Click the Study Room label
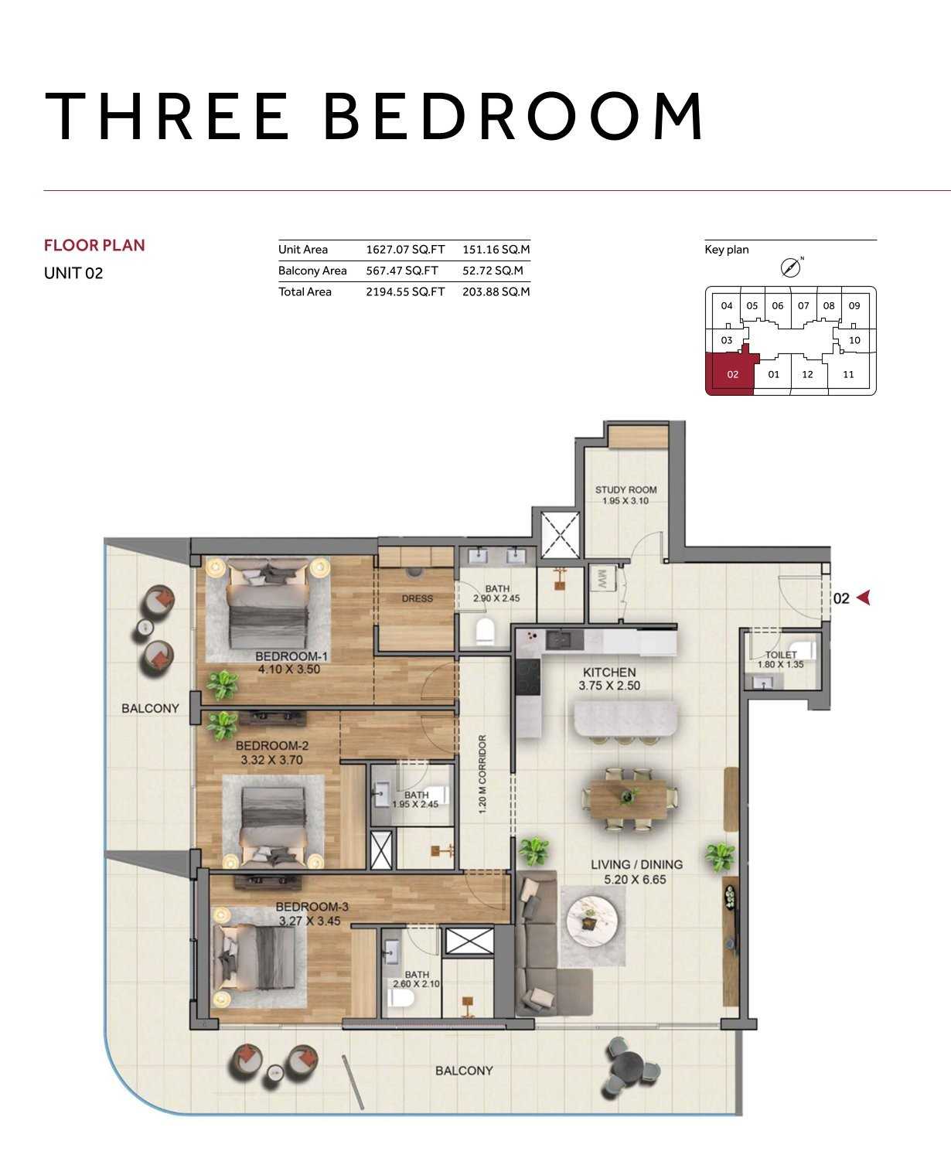click(x=626, y=489)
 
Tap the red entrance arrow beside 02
click(x=864, y=598)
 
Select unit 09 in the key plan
click(x=854, y=306)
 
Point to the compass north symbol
click(x=791, y=267)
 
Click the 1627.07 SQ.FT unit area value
click(x=405, y=249)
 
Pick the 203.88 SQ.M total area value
click(x=496, y=291)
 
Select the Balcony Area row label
click(x=312, y=271)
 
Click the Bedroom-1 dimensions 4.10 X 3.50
click(x=289, y=669)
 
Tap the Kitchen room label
click(x=609, y=672)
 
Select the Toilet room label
click(x=781, y=655)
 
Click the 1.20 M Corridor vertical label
click(x=482, y=775)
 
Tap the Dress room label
click(x=418, y=598)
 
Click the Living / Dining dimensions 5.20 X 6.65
click(x=636, y=880)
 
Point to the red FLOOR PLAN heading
click(x=94, y=245)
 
